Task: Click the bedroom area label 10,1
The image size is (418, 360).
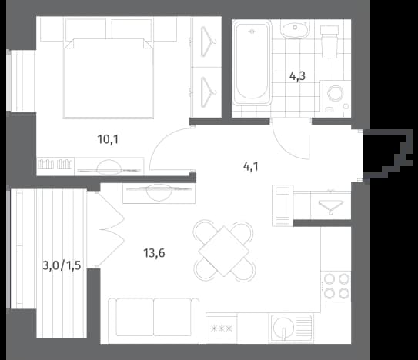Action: coord(108,139)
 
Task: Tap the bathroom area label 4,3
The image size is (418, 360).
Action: coord(297,76)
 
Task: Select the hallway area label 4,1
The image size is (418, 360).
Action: coord(251,167)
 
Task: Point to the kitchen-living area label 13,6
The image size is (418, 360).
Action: coord(155,253)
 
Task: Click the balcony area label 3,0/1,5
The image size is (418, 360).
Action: coord(62,265)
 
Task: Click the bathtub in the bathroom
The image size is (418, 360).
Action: coord(252,63)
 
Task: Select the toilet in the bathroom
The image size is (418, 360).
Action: coord(329,42)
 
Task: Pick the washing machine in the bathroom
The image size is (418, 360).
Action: coord(335,96)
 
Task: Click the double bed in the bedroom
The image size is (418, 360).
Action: coord(109,78)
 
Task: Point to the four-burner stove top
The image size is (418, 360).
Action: coord(336,286)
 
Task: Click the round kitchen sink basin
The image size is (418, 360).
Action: coord(283,328)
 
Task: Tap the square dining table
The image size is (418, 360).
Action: coord(224,251)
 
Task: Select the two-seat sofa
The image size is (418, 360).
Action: coord(153,321)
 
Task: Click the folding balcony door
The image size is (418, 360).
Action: coord(110,229)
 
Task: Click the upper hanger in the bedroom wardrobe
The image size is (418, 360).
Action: coord(209,42)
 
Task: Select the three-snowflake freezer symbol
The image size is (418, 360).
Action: coord(222,328)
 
